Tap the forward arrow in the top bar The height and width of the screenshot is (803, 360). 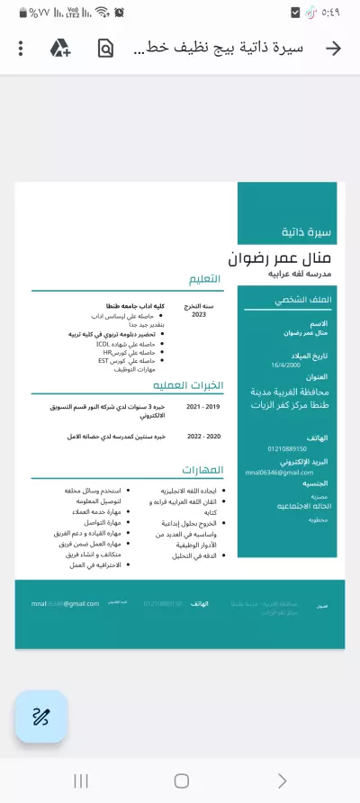tap(333, 48)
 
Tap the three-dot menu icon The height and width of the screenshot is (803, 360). tap(22, 48)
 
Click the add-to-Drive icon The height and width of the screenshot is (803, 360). tap(60, 48)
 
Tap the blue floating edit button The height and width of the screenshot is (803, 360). tap(41, 717)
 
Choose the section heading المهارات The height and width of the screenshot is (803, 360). tap(202, 470)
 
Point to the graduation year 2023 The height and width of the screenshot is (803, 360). tap(199, 315)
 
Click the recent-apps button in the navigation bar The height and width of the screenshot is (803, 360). tap(80, 780)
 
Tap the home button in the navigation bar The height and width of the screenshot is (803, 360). tap(181, 780)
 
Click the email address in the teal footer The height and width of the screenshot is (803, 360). tap(65, 603)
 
